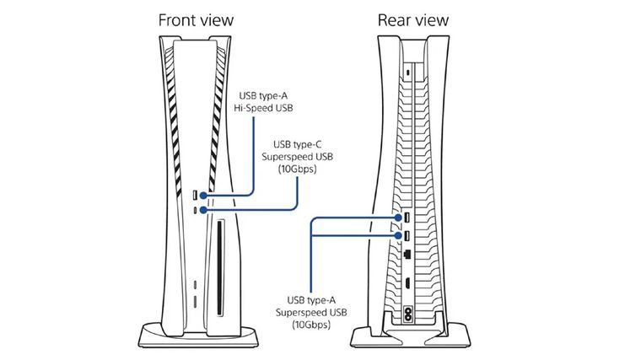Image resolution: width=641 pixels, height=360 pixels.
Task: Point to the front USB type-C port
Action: click(197, 209)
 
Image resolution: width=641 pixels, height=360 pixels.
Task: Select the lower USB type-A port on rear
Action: click(407, 236)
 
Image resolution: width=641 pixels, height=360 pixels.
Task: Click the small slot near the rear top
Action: click(407, 73)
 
